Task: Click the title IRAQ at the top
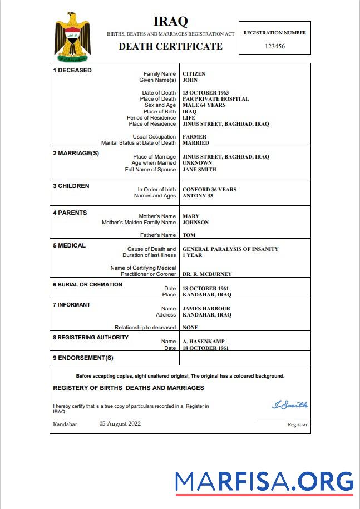[170, 22]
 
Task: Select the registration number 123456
[274, 46]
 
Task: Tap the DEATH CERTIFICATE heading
[170, 47]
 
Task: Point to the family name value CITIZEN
[194, 73]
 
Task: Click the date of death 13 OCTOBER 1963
[205, 93]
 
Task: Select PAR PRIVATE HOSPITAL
[215, 99]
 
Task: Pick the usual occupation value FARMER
[194, 137]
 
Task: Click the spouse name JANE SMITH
[199, 170]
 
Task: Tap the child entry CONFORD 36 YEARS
[209, 190]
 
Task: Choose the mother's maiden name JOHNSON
[195, 223]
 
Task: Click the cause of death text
[230, 249]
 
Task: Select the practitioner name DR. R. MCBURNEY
[207, 274]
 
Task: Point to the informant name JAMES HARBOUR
[206, 309]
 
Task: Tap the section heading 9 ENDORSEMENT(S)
[83, 358]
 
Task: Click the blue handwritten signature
[289, 405]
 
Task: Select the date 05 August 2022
[120, 424]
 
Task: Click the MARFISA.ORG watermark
[264, 482]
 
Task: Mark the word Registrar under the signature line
[297, 424]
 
